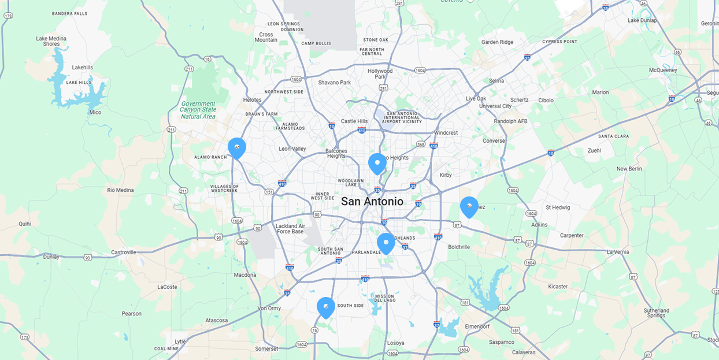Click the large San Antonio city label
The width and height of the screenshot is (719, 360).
pos(372,202)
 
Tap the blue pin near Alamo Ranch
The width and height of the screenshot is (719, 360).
pos(237,147)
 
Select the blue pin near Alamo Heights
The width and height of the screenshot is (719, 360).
pos(377,163)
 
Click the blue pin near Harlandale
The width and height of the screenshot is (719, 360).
pos(386,242)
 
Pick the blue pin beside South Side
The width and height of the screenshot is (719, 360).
pos(326,306)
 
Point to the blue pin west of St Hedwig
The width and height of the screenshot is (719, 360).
pos(469,206)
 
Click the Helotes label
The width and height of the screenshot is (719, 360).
pos(252,100)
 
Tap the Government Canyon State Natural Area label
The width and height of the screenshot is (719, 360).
pos(198,109)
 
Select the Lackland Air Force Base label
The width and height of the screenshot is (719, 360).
pos(290,229)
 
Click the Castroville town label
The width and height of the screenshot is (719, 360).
pos(124,252)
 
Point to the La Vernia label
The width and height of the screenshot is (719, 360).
pos(617,252)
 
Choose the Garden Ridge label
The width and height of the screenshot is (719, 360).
pos(497,42)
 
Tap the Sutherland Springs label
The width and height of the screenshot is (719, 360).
pos(657,313)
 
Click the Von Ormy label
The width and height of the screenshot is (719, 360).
pos(269,308)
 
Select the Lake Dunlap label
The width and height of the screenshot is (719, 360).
pos(642,21)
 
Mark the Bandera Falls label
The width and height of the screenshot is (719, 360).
pos(69,13)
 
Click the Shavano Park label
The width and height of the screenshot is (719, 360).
pos(335,83)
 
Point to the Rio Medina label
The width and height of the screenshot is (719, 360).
pos(120,190)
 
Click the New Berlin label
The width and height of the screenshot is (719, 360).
pos(629,169)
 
